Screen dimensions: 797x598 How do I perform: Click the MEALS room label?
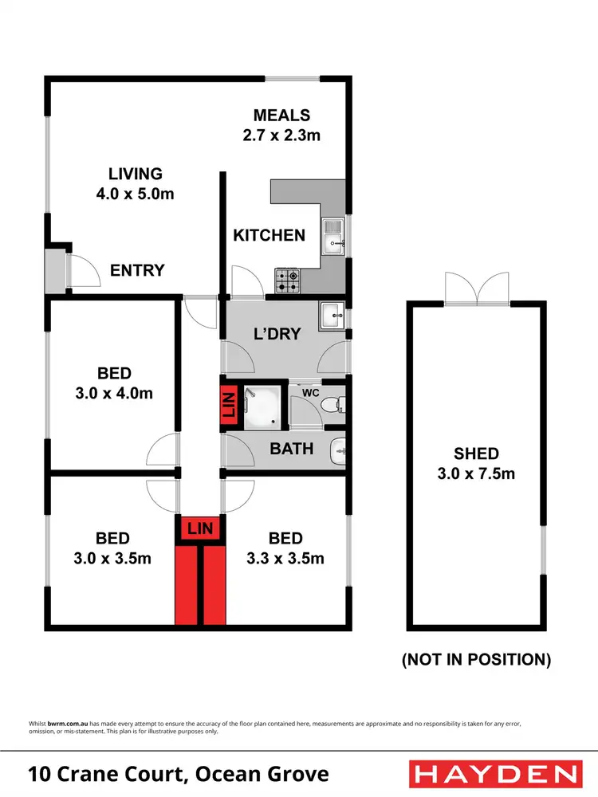[281, 116]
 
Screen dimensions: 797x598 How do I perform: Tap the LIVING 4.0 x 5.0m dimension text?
[135, 193]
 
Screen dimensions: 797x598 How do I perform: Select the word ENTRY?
[137, 270]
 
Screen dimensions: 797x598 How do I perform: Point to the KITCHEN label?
[269, 235]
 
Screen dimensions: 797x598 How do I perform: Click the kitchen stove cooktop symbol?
[288, 280]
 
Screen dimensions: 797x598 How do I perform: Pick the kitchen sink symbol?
[333, 238]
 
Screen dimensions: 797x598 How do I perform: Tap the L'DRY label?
[277, 334]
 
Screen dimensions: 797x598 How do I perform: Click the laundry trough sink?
[332, 316]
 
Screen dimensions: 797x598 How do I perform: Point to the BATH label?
[292, 450]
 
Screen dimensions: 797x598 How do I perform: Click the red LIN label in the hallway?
[200, 528]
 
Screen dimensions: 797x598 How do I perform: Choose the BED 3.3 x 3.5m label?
[285, 548]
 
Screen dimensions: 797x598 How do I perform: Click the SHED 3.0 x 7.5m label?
[476, 464]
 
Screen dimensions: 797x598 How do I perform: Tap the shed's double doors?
[477, 289]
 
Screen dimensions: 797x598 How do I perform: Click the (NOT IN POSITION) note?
[477, 659]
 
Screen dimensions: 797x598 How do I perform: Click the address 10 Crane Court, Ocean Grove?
[179, 774]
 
